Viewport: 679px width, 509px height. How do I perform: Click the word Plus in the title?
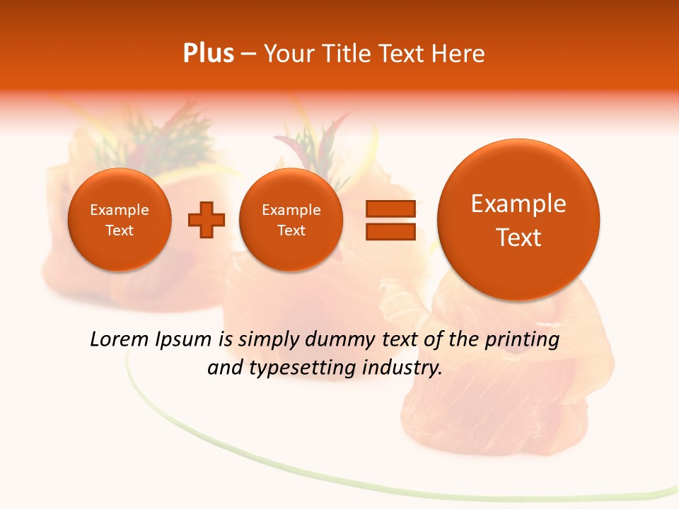[208, 54]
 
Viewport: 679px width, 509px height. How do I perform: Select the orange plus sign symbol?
[207, 219]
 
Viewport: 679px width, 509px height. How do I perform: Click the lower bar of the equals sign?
[390, 232]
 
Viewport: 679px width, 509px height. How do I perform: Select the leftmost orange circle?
[120, 220]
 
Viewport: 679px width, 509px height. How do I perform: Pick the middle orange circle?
[291, 220]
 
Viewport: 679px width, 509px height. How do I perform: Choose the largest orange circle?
[518, 220]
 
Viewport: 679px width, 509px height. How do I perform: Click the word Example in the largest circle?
[518, 204]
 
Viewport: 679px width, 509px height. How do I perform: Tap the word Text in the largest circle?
[518, 238]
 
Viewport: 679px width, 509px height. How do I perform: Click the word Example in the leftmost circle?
[120, 210]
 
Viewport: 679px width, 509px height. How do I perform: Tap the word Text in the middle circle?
[291, 230]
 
